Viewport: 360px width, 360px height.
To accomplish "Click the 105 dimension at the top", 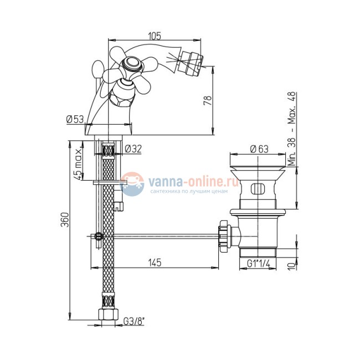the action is click(x=155, y=36).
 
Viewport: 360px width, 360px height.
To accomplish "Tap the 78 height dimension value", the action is click(x=208, y=100).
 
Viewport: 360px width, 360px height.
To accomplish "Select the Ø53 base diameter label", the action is click(x=75, y=119).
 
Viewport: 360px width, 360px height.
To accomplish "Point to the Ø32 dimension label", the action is click(x=133, y=149).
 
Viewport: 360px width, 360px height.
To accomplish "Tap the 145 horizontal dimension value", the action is click(x=155, y=263).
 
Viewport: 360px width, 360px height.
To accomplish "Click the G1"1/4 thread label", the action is click(x=258, y=264).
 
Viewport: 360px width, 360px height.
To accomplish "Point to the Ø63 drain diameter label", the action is click(x=259, y=149).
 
